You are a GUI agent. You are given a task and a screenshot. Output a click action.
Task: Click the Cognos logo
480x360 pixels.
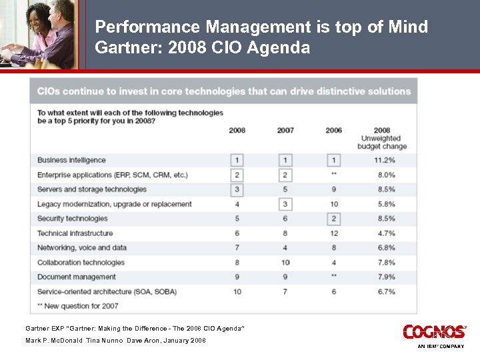[x=433, y=331]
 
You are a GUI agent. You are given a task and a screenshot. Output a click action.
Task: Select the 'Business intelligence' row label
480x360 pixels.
[x=71, y=160]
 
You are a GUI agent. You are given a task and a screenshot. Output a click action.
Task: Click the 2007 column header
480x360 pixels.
[x=285, y=130]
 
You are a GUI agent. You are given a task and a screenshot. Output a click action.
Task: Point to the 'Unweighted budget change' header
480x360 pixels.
[x=382, y=138]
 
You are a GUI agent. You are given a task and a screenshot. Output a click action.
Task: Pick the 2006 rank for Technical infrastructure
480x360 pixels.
[x=334, y=233]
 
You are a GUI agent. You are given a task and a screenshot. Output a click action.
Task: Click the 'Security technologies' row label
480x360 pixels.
[x=72, y=219]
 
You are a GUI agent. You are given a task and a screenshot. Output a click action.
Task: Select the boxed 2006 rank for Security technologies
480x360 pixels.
[x=334, y=219]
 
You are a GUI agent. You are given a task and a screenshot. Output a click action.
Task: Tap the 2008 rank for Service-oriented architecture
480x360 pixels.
[x=237, y=291]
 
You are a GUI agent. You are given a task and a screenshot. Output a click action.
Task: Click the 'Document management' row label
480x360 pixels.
[x=77, y=277]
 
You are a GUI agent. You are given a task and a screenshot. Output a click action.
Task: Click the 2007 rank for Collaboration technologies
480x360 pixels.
[x=285, y=263]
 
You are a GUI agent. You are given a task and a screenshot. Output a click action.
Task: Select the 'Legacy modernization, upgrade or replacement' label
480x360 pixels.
[x=114, y=204]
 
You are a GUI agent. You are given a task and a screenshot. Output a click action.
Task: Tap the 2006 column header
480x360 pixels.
[x=334, y=130]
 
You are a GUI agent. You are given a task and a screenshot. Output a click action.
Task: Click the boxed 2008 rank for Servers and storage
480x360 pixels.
[x=237, y=189]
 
